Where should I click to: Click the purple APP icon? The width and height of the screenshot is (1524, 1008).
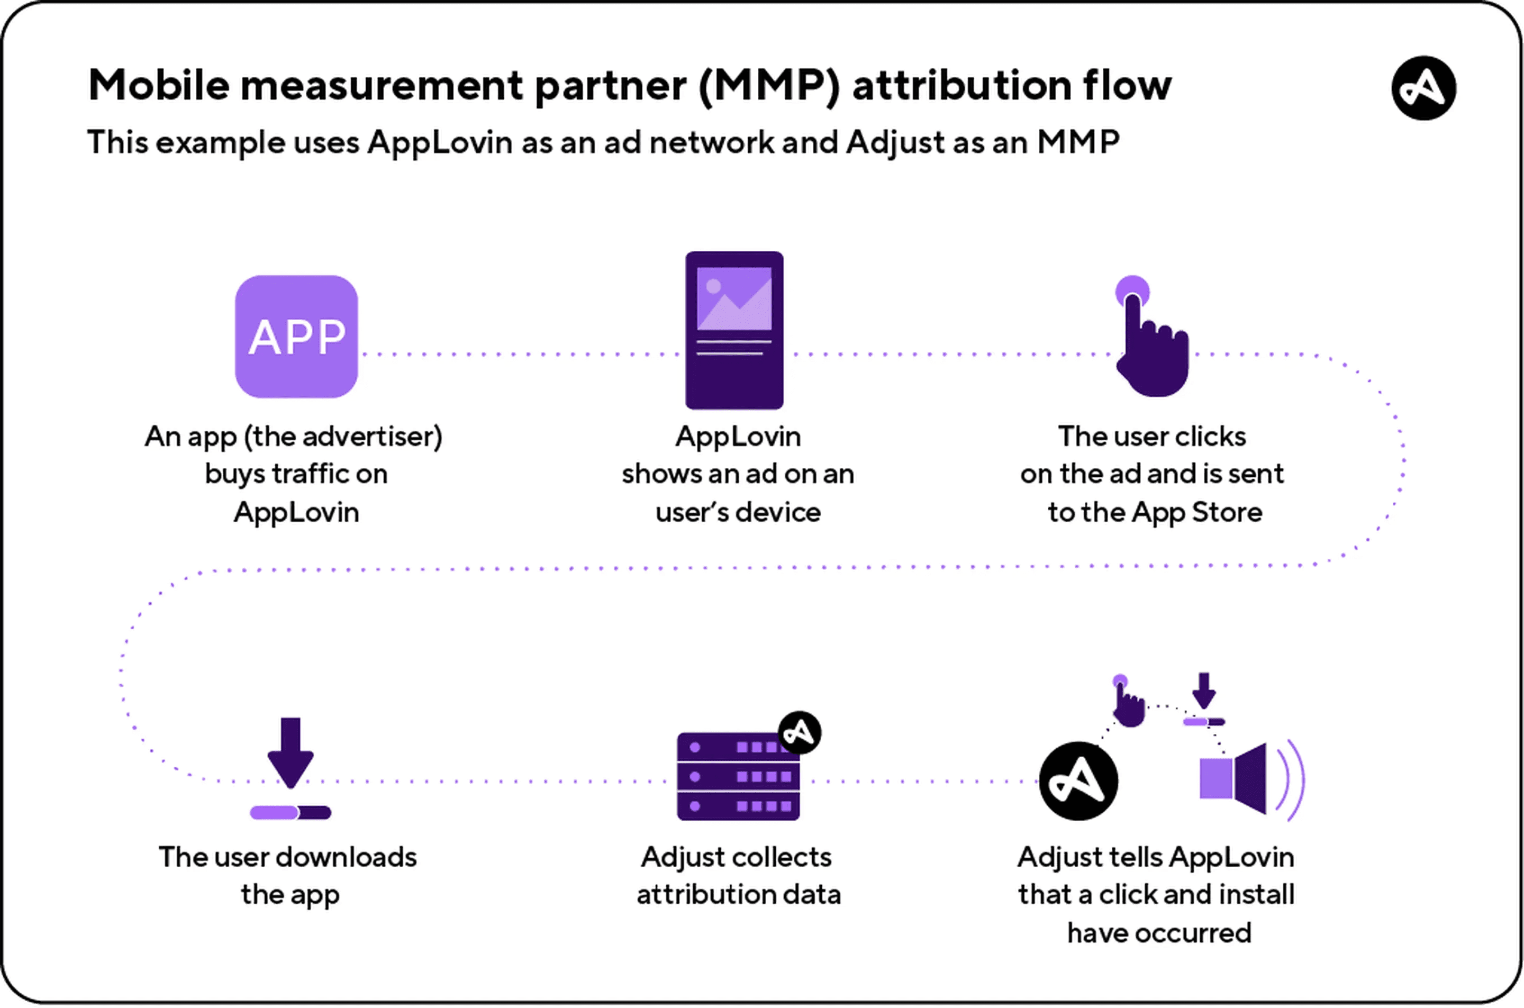[296, 336]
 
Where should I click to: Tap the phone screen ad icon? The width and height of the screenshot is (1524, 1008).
[734, 330]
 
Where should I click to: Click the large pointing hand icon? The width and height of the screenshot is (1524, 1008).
[1153, 341]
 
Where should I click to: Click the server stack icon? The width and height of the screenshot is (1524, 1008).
[738, 776]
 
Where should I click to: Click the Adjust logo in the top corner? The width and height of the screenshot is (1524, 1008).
[1424, 87]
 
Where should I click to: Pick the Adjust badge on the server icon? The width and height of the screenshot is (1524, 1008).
[800, 732]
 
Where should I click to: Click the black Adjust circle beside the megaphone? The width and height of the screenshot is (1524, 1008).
[1078, 781]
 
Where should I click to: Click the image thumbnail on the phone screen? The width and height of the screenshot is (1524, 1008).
[734, 298]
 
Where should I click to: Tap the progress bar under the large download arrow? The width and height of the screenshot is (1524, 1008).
[291, 813]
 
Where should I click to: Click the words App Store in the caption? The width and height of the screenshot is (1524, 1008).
[1197, 512]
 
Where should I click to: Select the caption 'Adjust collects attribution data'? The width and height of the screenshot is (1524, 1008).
[738, 876]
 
